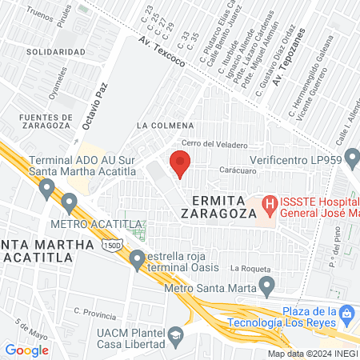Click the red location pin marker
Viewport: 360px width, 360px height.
180,166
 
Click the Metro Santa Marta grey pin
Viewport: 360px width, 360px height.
267,286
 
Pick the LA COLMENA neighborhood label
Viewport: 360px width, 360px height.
165,126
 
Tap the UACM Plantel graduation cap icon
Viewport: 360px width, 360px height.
173,338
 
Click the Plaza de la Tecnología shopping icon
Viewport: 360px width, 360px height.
346,312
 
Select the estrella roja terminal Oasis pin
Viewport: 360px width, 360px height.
138,258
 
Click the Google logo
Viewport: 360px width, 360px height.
26,350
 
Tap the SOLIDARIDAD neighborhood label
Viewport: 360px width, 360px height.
55,51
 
